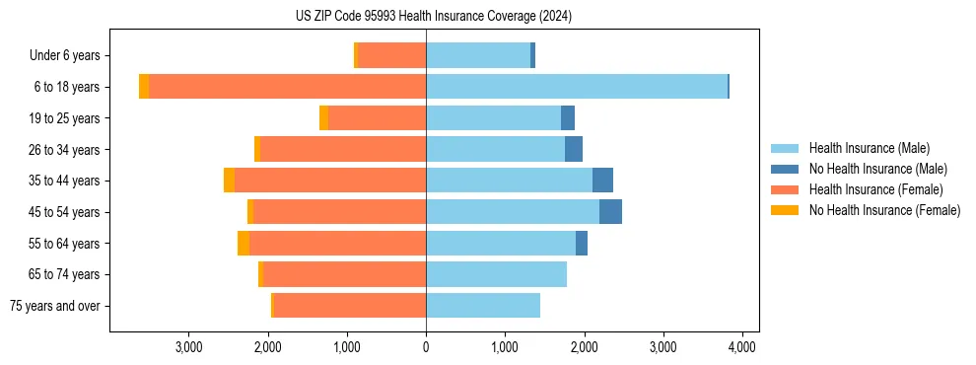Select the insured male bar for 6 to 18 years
[x=577, y=87]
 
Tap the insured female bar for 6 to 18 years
[x=287, y=87]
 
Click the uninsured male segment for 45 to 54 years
[x=610, y=212]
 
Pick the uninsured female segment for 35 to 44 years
[x=229, y=181]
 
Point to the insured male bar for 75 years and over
[x=483, y=306]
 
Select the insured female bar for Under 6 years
[x=391, y=56]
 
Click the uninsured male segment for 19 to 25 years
[x=568, y=118]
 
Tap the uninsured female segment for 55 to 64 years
[x=244, y=244]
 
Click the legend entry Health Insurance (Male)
[x=869, y=148]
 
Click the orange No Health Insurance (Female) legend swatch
[x=785, y=210]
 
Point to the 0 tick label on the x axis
[x=426, y=346]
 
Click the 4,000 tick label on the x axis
[x=741, y=346]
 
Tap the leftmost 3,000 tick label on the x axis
[x=188, y=346]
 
